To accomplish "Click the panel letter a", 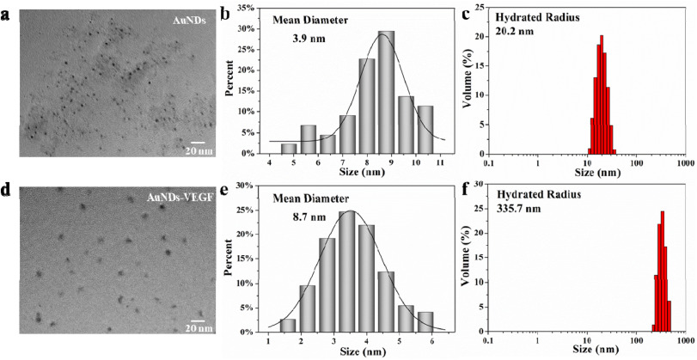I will pyautogui.click(x=7, y=12).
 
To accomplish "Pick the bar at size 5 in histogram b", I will pyautogui.click(x=289, y=149).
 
